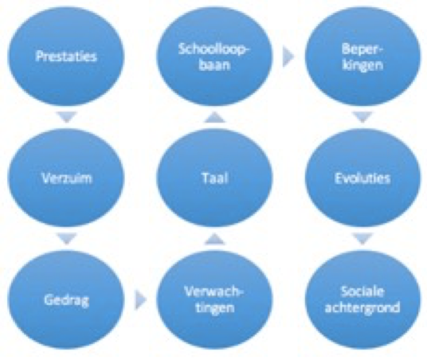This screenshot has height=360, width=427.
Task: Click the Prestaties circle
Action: click(x=66, y=56)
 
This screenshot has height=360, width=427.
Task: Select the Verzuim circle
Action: click(x=66, y=178)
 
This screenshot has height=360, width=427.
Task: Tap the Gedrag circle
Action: click(x=66, y=299)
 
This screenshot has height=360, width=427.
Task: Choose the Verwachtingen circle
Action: click(x=214, y=299)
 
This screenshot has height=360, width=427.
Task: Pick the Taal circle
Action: click(x=214, y=178)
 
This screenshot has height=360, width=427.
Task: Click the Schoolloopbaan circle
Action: click(x=214, y=56)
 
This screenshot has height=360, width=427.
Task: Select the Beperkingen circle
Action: click(x=362, y=56)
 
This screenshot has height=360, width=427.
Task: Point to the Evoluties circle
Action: click(x=362, y=178)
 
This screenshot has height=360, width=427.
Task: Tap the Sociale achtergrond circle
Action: click(x=362, y=299)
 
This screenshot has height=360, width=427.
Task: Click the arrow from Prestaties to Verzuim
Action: click(x=67, y=117)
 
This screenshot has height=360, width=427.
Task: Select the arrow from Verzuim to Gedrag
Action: click(x=67, y=239)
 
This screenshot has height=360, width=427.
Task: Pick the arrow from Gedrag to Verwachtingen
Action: click(x=141, y=299)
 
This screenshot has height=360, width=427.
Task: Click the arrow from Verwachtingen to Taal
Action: click(x=214, y=239)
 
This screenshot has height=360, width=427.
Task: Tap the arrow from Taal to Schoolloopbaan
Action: click(x=214, y=117)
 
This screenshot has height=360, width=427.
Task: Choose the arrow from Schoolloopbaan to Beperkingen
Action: click(x=288, y=57)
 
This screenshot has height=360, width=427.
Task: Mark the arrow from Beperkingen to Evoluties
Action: click(x=362, y=117)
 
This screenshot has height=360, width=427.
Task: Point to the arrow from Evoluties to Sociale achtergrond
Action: click(x=362, y=239)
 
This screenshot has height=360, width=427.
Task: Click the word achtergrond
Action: click(x=362, y=307)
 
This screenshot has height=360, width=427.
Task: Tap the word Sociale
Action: click(x=362, y=292)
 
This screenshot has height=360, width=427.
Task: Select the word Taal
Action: click(x=214, y=178)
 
